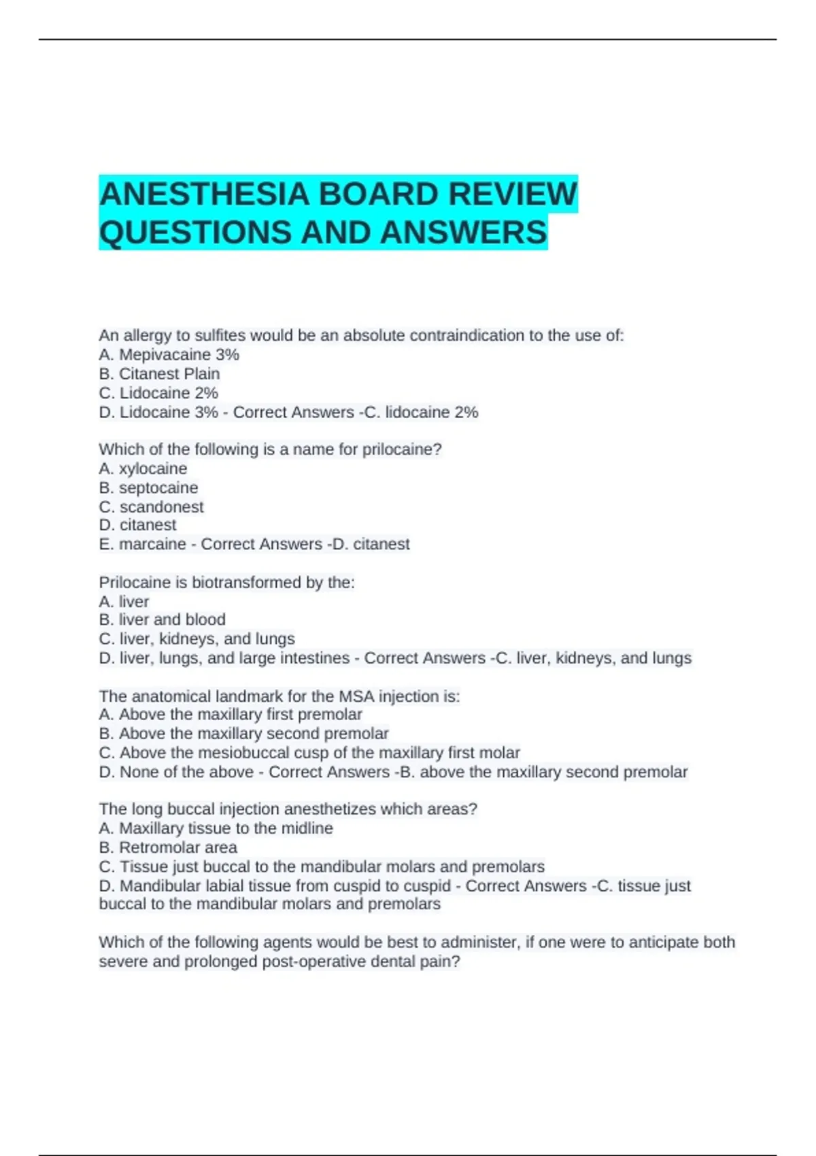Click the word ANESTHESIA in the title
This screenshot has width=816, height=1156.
click(204, 194)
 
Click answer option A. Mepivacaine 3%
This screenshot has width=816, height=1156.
click(169, 354)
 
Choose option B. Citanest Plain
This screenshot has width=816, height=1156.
click(159, 373)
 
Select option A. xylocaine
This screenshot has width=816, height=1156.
click(143, 469)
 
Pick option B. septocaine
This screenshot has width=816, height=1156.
click(148, 488)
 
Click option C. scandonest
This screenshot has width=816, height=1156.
click(151, 507)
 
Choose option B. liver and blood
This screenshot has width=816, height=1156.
click(162, 619)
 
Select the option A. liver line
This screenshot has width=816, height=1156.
click(124, 601)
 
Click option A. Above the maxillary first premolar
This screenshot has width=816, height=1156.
click(231, 714)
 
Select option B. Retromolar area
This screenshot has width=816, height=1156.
click(168, 847)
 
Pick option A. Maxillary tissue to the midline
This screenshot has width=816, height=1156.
click(216, 828)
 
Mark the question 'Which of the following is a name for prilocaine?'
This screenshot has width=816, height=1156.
click(270, 449)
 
